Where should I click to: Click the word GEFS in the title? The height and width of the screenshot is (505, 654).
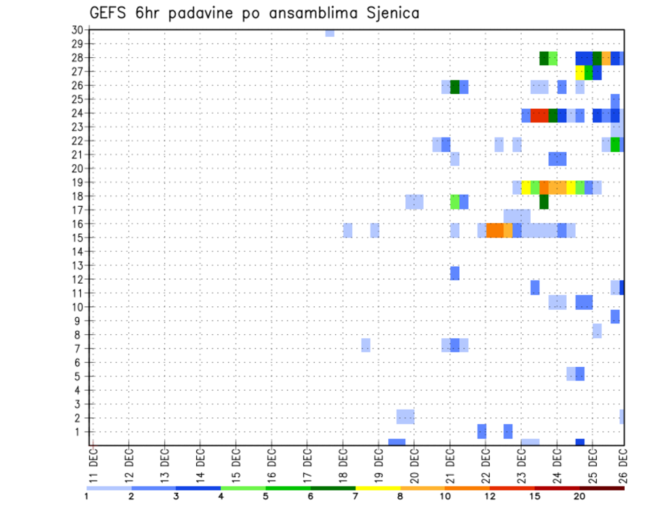point(109,13)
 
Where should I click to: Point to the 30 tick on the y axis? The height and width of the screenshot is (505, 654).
point(77,30)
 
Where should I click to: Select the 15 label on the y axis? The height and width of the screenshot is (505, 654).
point(77,238)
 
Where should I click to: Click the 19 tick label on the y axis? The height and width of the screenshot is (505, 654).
point(77,182)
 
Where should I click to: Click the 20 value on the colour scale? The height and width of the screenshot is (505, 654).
point(579,495)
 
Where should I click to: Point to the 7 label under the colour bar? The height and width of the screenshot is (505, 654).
point(356,495)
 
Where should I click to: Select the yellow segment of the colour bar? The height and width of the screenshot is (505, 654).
point(378,487)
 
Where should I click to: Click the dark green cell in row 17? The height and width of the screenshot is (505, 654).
point(544,202)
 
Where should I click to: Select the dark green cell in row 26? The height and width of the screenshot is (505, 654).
point(455,87)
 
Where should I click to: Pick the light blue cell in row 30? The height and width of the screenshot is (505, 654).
point(330,33)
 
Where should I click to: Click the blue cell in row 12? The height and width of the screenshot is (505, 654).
point(454,273)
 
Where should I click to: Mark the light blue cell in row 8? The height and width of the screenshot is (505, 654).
point(597,331)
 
